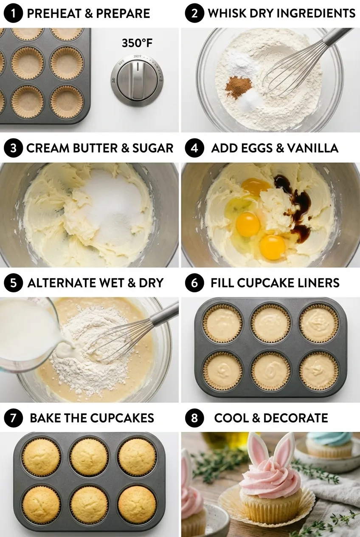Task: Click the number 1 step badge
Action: pyautogui.click(x=13, y=13)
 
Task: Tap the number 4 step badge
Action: pyautogui.click(x=194, y=148)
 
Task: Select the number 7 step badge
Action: pyautogui.click(x=13, y=418)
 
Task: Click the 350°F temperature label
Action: pyautogui.click(x=137, y=43)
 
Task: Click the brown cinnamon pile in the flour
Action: pyautogui.click(x=238, y=87)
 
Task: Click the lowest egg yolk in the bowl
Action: pyautogui.click(x=273, y=247)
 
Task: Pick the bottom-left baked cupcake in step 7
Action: pyautogui.click(x=41, y=503)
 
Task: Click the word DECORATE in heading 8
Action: pyautogui.click(x=295, y=418)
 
